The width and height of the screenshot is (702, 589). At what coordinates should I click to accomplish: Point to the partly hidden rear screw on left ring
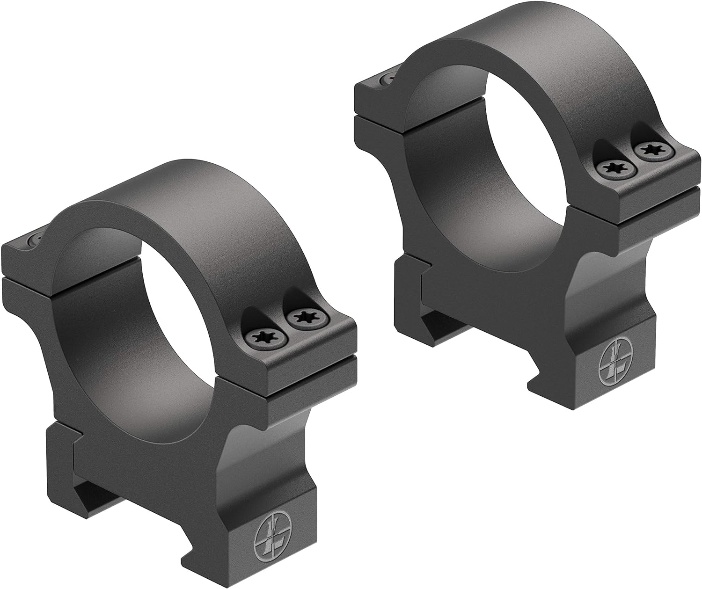coord(33,240)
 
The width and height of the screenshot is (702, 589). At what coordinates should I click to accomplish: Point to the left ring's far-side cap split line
coord(28,277)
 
